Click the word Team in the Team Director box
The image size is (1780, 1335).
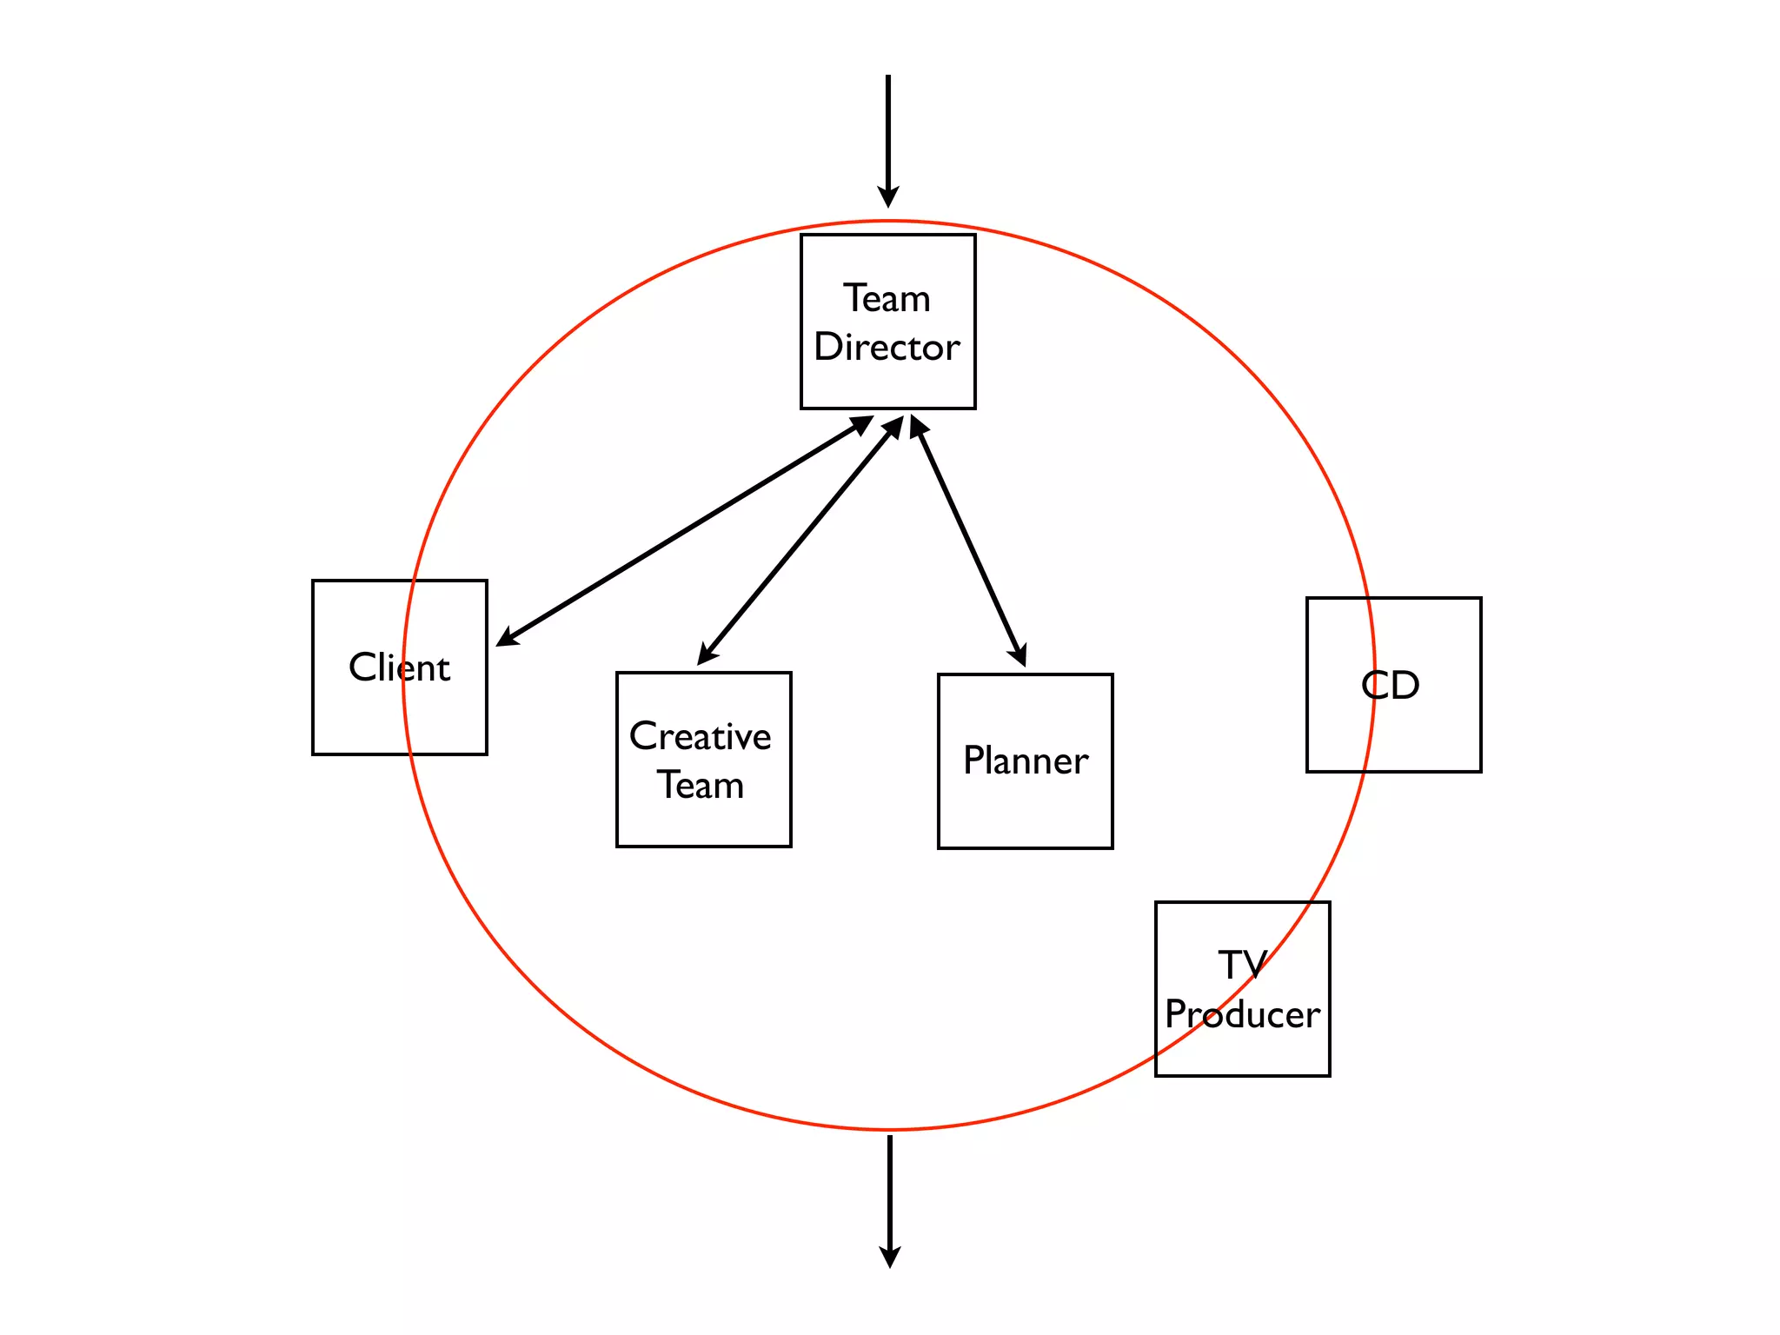(x=887, y=299)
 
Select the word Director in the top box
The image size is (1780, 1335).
(x=887, y=348)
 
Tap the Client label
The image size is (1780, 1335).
(x=399, y=667)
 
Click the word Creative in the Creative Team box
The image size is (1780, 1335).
(x=700, y=736)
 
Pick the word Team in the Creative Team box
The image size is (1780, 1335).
(x=700, y=786)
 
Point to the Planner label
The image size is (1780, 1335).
(x=1026, y=761)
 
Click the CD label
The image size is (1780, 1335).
(x=1391, y=686)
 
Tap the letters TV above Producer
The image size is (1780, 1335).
(x=1242, y=965)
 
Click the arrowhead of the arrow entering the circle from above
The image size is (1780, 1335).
(x=888, y=197)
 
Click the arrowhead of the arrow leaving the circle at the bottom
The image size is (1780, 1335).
(x=890, y=1258)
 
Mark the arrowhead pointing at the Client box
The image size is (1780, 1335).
(x=507, y=639)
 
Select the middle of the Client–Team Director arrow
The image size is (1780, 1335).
(x=684, y=531)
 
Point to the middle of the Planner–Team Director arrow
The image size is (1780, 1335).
(x=967, y=541)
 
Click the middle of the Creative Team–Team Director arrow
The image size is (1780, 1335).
(x=800, y=541)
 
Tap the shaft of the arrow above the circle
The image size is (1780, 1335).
(x=888, y=130)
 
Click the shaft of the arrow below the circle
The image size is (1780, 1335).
(x=890, y=1191)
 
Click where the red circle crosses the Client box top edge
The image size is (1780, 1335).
(x=413, y=581)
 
